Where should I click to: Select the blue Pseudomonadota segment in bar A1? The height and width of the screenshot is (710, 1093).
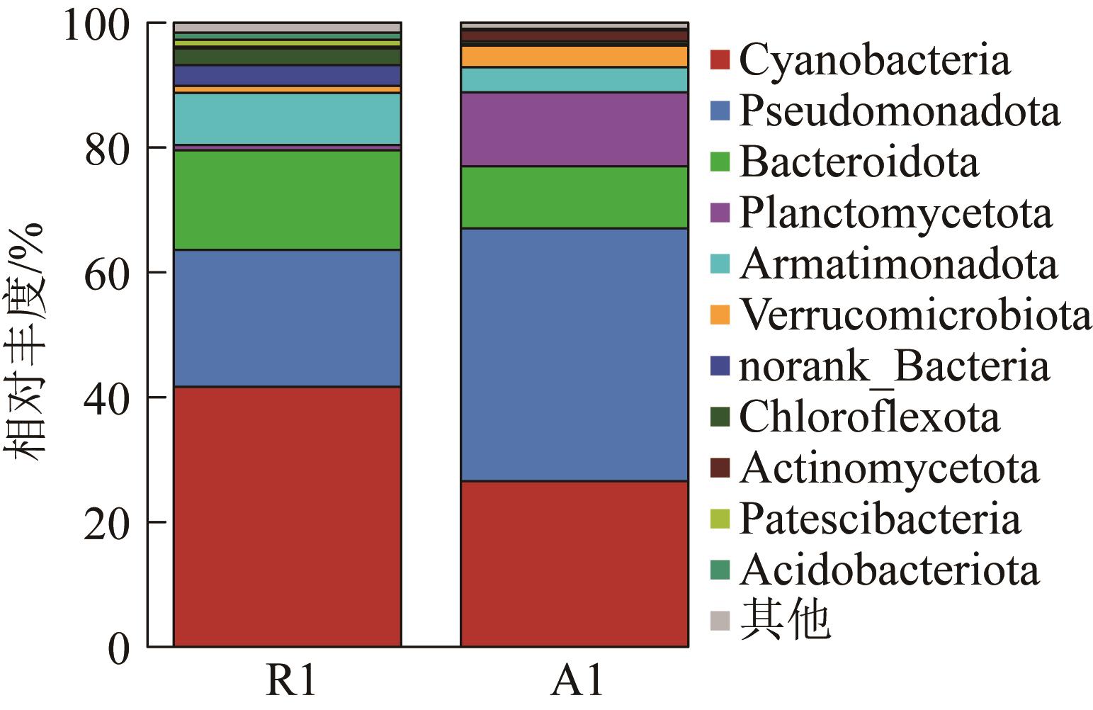pyautogui.click(x=574, y=354)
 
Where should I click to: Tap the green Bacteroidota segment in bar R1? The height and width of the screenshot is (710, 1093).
pyautogui.click(x=287, y=200)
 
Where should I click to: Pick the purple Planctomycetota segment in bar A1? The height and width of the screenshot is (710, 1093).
pyautogui.click(x=574, y=129)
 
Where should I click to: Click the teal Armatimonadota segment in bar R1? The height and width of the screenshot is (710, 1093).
pyautogui.click(x=287, y=118)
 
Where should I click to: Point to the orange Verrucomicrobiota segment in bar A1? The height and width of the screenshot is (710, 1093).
pyautogui.click(x=574, y=57)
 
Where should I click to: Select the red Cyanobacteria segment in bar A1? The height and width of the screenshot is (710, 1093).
pyautogui.click(x=574, y=563)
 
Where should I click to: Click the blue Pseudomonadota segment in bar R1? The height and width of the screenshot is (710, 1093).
pyautogui.click(x=287, y=318)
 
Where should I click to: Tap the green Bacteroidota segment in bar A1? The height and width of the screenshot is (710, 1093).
pyautogui.click(x=574, y=197)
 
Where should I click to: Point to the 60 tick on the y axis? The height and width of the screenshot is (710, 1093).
pyautogui.click(x=110, y=273)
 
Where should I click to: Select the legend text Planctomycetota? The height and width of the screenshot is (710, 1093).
pyautogui.click(x=895, y=213)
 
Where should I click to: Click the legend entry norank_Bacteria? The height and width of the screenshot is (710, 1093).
pyautogui.click(x=894, y=366)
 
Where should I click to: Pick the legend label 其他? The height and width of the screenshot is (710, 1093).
pyautogui.click(x=784, y=621)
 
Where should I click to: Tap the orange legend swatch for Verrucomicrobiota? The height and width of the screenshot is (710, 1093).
pyautogui.click(x=720, y=315)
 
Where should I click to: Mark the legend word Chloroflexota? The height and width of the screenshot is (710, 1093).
pyautogui.click(x=869, y=417)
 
